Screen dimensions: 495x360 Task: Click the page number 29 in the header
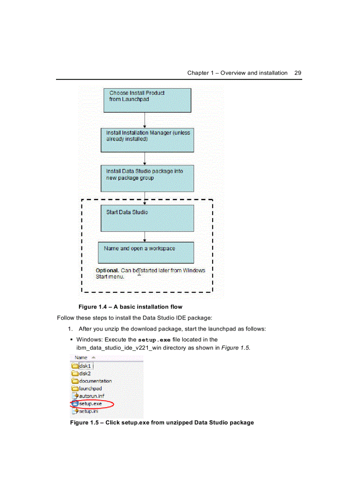pos(298,73)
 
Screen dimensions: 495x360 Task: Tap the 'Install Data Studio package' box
pos(147,179)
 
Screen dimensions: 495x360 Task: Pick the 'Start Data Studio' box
pos(147,218)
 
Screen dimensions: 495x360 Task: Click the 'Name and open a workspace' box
pos(146,252)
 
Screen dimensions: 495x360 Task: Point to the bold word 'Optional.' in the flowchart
pos(107,270)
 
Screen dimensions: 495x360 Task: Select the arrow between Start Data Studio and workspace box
pos(145,237)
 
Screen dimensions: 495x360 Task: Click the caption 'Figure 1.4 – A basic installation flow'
pos(130,307)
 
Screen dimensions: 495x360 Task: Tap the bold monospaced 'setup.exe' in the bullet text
pos(154,340)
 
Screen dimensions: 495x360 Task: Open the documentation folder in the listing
pos(95,381)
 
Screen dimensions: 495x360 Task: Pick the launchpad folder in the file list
pos(90,388)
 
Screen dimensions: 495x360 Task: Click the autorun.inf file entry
pos(91,396)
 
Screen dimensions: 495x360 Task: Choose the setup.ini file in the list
pos(88,411)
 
